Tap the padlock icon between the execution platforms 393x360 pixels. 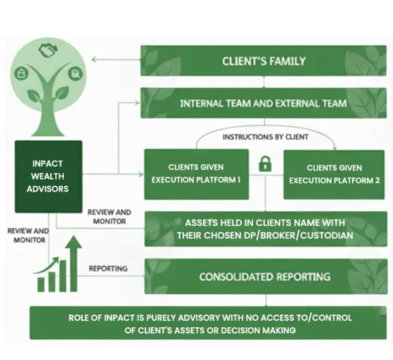pyautogui.click(x=265, y=164)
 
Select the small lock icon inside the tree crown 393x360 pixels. pyautogui.click(x=22, y=72)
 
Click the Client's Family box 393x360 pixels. pyautogui.click(x=263, y=62)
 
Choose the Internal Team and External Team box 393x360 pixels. pyautogui.click(x=263, y=103)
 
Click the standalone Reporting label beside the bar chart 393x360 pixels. pyautogui.click(x=108, y=268)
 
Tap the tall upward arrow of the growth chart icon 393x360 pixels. pyautogui.click(x=73, y=262)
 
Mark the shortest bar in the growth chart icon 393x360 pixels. pyautogui.click(x=42, y=284)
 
